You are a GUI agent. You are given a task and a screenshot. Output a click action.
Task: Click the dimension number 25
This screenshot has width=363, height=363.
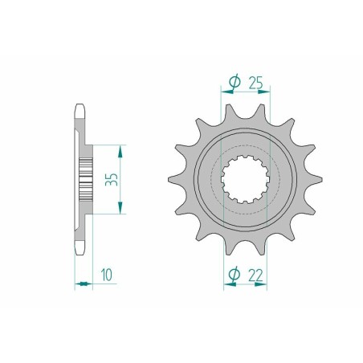tap(255, 83)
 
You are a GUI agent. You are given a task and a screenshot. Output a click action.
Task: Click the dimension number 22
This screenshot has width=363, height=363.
tap(255, 275)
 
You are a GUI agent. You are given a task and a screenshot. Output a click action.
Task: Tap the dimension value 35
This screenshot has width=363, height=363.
tap(112, 179)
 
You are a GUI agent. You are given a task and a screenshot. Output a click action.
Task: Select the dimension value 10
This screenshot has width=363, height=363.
tap(107, 275)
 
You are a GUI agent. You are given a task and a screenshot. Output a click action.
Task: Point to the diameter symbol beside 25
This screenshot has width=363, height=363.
tap(235, 82)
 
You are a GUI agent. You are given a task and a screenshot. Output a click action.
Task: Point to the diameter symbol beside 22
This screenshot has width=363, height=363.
tap(235, 275)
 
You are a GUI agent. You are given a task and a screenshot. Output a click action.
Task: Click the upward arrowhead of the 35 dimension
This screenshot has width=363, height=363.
tap(120, 152)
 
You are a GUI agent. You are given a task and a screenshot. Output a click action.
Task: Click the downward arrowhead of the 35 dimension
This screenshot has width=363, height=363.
tap(120, 208)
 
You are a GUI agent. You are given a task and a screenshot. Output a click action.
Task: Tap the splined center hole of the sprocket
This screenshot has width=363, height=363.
tap(245, 179)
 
